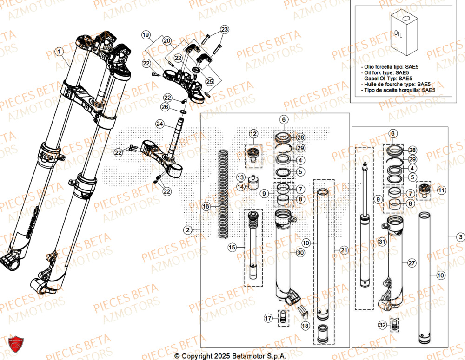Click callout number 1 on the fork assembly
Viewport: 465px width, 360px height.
coord(59,52)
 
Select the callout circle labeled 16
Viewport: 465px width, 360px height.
coord(206,206)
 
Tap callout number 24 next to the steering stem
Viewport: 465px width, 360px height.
coord(159,124)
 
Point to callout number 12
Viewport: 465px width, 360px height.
coord(252,134)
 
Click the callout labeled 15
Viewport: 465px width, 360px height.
coord(232,248)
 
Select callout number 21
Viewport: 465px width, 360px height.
coord(344,250)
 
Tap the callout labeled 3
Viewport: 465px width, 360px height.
coord(460,237)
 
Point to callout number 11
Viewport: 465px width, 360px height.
coord(441,190)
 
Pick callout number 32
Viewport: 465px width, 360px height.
coord(382,325)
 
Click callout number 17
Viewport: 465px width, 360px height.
coord(268,318)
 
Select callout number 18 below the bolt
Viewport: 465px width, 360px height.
coord(305,327)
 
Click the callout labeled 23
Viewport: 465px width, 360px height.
coord(225,30)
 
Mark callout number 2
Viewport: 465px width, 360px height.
coord(187,229)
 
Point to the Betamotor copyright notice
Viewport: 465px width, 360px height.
coord(231,356)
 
